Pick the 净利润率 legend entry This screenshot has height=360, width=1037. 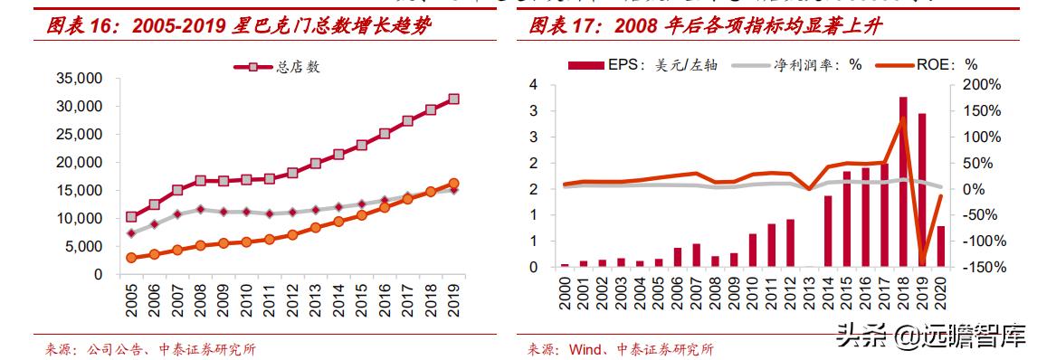[x=796, y=66]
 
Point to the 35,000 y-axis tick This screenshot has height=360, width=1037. [x=80, y=79]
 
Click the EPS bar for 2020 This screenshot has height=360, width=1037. [x=941, y=246]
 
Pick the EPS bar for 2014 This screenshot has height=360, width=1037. [x=827, y=231]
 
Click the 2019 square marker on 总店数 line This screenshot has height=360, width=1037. [x=454, y=99]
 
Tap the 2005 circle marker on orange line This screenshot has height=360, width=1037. [x=131, y=258]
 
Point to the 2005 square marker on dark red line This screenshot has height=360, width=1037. [x=131, y=217]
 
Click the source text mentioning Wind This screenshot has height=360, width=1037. [x=621, y=349]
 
